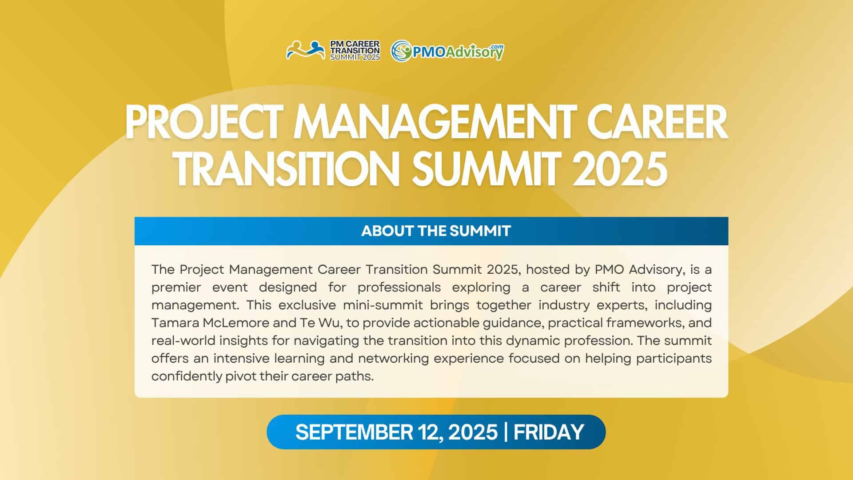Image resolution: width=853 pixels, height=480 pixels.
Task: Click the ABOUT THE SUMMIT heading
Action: pos(436,231)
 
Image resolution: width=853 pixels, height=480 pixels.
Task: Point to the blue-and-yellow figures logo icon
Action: pos(306,50)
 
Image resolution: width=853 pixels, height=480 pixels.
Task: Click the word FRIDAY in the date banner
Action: pos(549,432)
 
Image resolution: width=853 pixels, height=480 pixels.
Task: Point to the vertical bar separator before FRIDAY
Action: pos(506,432)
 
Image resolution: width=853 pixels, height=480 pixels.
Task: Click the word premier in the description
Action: pos(176,288)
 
